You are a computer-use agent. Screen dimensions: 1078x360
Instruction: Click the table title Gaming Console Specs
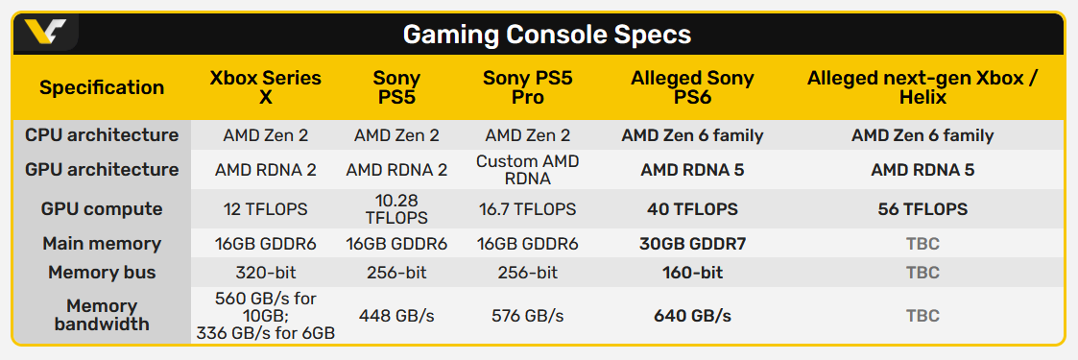546,34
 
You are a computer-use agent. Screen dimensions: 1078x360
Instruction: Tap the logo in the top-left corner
45,33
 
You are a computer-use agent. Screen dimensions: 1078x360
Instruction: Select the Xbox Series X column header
265,88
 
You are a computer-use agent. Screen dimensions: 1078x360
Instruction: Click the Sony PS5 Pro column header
527,88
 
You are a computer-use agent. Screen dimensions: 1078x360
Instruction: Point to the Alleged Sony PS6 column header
692,88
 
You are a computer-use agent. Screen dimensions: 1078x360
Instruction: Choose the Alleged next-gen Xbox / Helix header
922,88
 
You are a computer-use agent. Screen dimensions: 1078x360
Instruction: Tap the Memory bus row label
102,272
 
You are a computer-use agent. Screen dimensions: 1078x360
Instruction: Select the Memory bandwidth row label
102,315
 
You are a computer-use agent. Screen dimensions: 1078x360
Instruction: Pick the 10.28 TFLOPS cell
397,209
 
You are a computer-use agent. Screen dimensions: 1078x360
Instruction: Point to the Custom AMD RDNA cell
528,170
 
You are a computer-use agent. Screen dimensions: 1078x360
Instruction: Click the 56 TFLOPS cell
922,209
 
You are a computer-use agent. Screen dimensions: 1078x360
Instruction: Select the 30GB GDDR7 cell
693,243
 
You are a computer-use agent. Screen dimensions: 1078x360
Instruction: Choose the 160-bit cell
693,272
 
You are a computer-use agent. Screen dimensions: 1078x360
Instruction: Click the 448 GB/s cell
396,315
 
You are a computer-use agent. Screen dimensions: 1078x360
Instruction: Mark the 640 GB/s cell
693,315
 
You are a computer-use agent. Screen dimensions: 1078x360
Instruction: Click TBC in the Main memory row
922,243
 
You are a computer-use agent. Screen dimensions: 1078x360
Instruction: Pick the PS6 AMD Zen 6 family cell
693,135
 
